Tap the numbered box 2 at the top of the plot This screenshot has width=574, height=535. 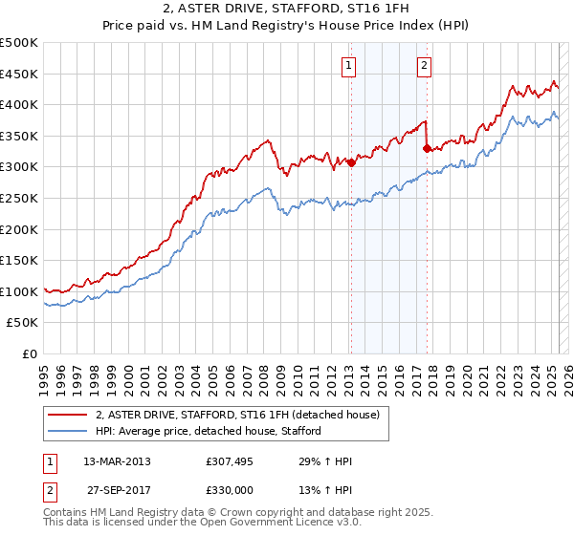click(x=423, y=66)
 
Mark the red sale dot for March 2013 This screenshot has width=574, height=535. click(x=351, y=162)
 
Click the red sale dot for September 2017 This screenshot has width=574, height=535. click(x=428, y=148)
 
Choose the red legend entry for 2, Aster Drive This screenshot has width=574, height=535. click(x=237, y=415)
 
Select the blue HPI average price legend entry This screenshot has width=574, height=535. click(x=208, y=431)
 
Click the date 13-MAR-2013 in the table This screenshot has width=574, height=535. click(x=117, y=461)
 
